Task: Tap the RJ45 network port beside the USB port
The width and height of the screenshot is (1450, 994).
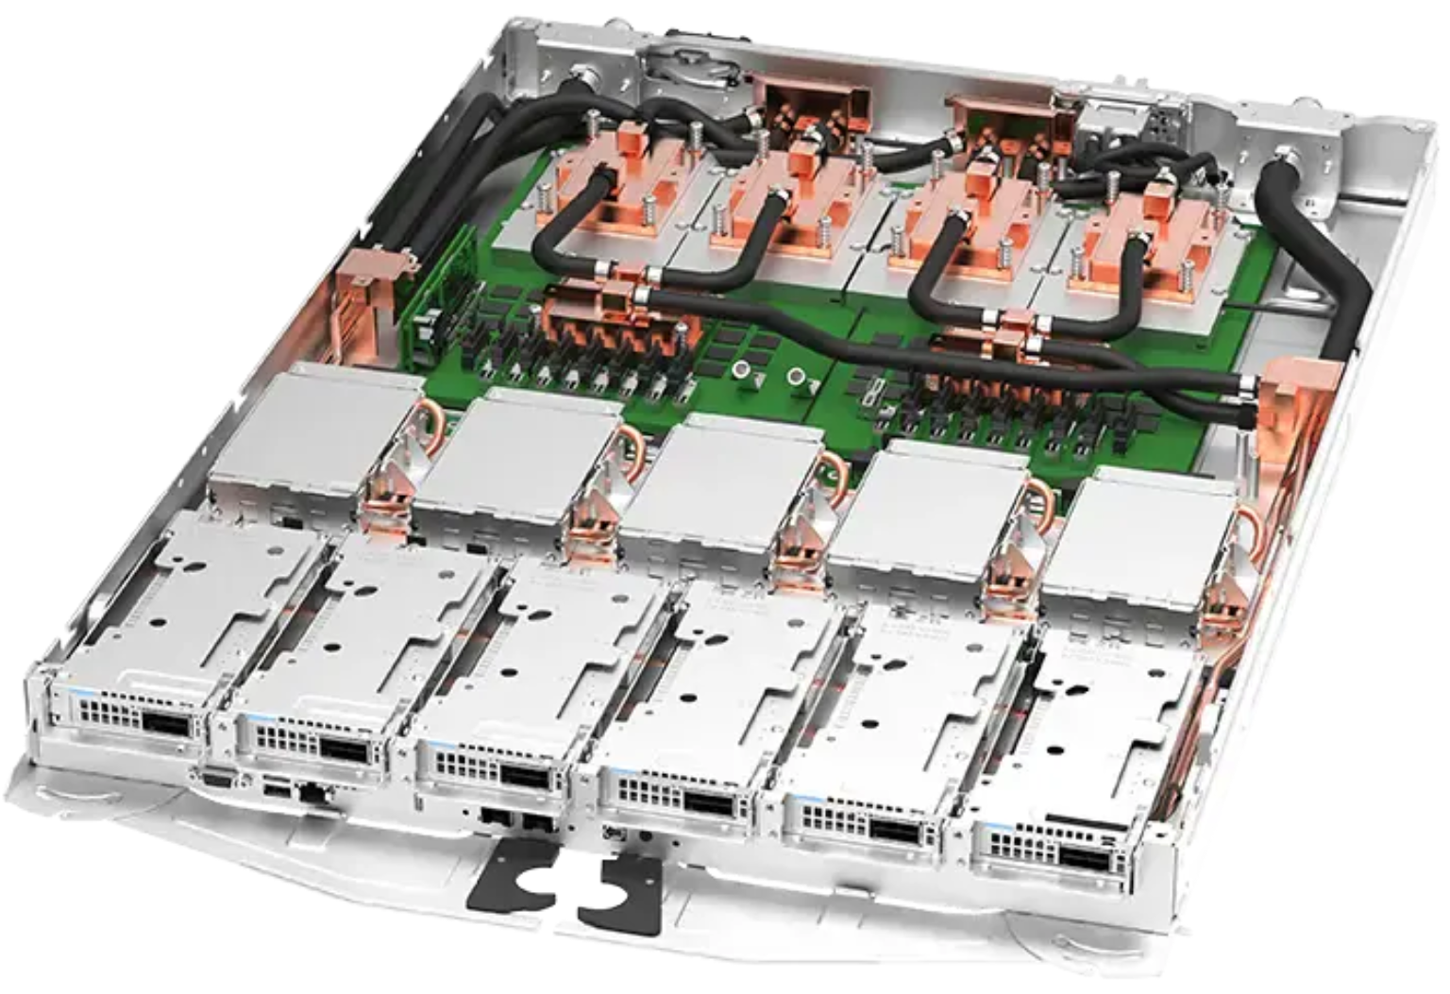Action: point(312,793)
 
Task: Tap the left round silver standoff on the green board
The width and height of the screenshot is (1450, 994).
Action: point(743,369)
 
